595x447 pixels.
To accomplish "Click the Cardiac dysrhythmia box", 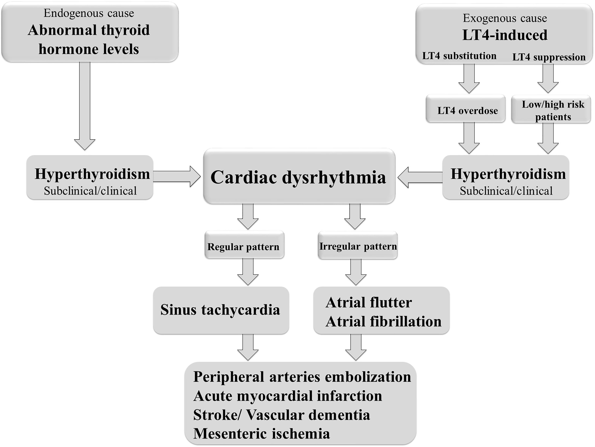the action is click(x=299, y=176).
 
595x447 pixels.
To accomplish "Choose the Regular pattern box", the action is click(x=244, y=245).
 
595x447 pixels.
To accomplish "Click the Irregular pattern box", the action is click(x=358, y=245).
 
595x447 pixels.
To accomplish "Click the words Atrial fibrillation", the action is click(x=384, y=322).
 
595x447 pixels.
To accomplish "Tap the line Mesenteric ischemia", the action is click(x=262, y=434).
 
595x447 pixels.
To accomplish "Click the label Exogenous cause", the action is click(x=505, y=18).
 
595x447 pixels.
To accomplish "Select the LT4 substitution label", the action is click(x=459, y=56).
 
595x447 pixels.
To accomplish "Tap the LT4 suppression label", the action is click(x=549, y=57).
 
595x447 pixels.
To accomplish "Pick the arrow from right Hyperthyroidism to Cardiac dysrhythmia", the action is click(x=420, y=177).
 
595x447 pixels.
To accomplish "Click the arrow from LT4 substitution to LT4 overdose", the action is click(x=469, y=78).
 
